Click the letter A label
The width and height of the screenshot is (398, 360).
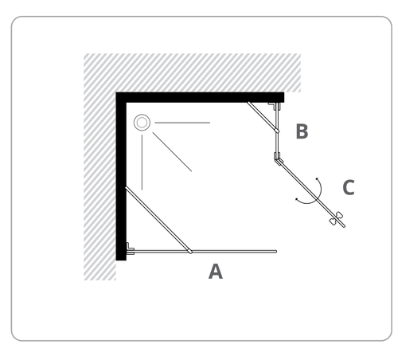coord(216,272)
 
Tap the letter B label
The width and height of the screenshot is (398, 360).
coord(302,131)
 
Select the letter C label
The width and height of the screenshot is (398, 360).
coord(349,187)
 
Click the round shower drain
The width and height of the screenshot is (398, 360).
coord(142,123)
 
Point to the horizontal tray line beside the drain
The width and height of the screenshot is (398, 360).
coord(182,123)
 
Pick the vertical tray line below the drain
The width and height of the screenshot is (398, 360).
coord(142,162)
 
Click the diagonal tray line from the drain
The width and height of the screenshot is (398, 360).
coord(172,152)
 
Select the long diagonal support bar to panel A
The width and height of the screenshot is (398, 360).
coord(158,220)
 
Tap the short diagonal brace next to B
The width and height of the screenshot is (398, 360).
coord(263,117)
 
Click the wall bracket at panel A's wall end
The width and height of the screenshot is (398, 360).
coord(130,248)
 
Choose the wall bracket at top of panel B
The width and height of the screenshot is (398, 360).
coord(275,106)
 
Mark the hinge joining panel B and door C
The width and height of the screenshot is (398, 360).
coord(278,158)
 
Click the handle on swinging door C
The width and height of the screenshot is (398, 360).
coord(336,218)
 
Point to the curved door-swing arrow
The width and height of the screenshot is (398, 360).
coord(319,198)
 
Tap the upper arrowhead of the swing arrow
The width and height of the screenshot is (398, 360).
coord(317,178)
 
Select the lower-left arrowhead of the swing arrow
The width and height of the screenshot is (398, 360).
coord(297,199)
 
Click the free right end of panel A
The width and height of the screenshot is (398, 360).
coord(276,252)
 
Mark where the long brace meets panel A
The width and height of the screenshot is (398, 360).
coord(190,252)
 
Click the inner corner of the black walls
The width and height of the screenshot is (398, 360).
coord(127,103)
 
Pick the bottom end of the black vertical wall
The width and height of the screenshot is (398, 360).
coord(121,260)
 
